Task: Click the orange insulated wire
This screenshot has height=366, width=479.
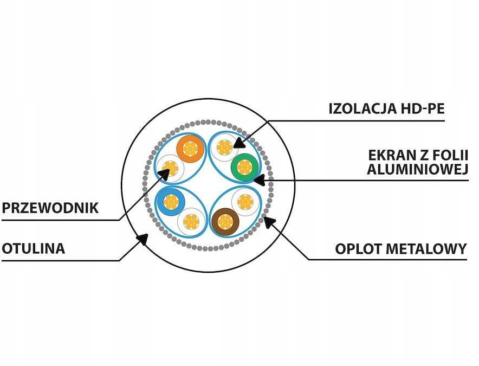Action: point(191,149)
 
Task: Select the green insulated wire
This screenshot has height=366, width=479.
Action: point(245,167)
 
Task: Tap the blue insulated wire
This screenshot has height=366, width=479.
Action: point(170,202)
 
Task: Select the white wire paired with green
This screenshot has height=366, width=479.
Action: point(224,148)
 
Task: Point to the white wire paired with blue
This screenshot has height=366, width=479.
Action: point(191,221)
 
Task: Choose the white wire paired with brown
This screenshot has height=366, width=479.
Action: point(245,202)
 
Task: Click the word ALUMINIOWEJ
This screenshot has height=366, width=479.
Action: point(417,170)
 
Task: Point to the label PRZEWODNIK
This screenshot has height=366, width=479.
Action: point(50,208)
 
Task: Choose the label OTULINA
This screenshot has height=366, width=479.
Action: point(33,248)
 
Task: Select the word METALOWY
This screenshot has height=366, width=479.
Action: point(426,249)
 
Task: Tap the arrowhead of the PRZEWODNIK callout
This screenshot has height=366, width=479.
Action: point(164,175)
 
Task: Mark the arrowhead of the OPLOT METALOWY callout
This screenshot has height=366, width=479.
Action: point(269,222)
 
